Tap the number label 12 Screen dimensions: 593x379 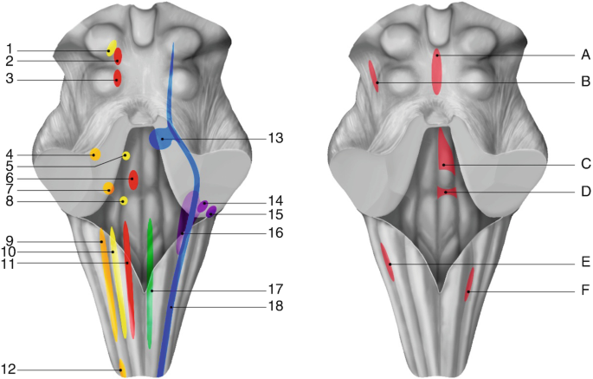pos(10,370)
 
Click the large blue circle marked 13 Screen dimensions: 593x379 pos(160,139)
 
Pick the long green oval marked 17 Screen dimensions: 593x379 pos(151,260)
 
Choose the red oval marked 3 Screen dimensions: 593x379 pos(117,79)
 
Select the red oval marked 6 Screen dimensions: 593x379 pos(132,180)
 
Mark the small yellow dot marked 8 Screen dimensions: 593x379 pos(124,201)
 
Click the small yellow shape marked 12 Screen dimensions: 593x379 pos(122,368)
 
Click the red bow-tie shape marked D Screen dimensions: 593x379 pos(444,192)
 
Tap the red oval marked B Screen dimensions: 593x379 pos(374,75)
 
